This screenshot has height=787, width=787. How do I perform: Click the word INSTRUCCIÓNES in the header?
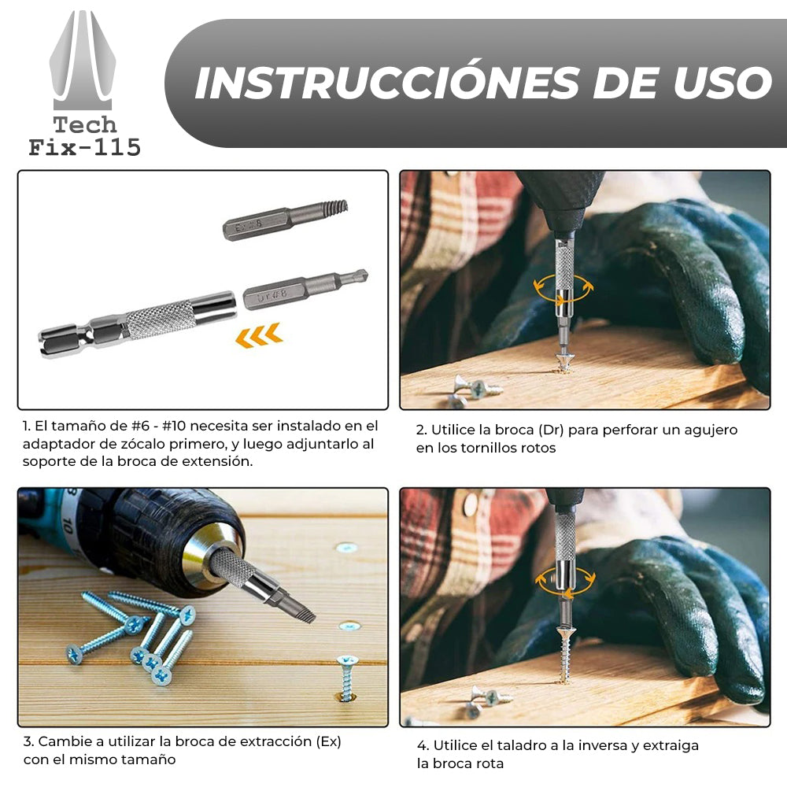386,83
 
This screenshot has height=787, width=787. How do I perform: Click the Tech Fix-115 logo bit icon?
83,61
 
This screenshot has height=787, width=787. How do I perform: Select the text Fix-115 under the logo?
84,148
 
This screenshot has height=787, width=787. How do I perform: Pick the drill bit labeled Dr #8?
305,290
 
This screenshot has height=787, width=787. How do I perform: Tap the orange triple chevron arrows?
259,335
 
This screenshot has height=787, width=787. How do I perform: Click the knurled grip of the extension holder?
160,320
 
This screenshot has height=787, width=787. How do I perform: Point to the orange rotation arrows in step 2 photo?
563,290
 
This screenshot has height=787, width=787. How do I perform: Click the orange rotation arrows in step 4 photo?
565,582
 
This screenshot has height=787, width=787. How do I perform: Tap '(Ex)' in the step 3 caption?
328,742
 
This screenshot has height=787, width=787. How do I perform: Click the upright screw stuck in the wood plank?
347,677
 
